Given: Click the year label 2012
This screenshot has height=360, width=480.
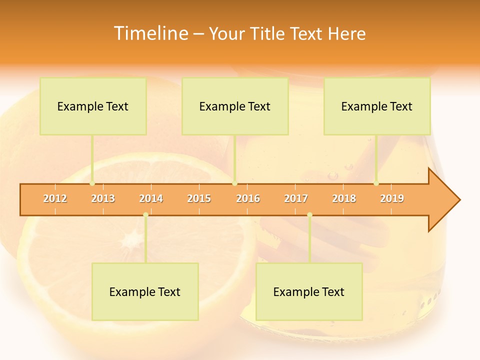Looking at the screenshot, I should [55, 198].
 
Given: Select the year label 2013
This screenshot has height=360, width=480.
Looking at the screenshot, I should [103, 198].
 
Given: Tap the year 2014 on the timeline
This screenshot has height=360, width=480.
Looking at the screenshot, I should [151, 198].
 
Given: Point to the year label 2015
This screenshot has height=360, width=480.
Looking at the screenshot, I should [199, 198].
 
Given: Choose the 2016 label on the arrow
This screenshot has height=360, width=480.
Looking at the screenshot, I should [248, 198].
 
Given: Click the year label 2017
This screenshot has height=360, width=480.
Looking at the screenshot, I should [296, 198].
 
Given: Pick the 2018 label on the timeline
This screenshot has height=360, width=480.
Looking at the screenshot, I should [344, 198].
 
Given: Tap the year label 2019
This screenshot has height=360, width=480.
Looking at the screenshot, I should [392, 198].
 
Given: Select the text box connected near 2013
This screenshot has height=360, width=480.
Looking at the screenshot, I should [93, 106].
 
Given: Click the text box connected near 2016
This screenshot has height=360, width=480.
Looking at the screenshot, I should [235, 106].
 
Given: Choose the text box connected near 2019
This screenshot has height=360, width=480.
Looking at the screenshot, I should [377, 106].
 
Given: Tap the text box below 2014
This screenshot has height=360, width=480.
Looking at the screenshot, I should [145, 291].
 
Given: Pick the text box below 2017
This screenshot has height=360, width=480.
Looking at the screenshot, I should [309, 291].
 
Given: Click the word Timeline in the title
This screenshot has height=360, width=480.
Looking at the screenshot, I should [150, 33].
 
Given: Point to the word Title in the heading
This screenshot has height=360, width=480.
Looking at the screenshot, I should [270, 33].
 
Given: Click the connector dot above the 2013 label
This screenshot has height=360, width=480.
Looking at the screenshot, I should [92, 183].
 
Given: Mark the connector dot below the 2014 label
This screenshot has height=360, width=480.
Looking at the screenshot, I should [145, 214].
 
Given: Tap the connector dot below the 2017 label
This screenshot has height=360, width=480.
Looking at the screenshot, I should [309, 214].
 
